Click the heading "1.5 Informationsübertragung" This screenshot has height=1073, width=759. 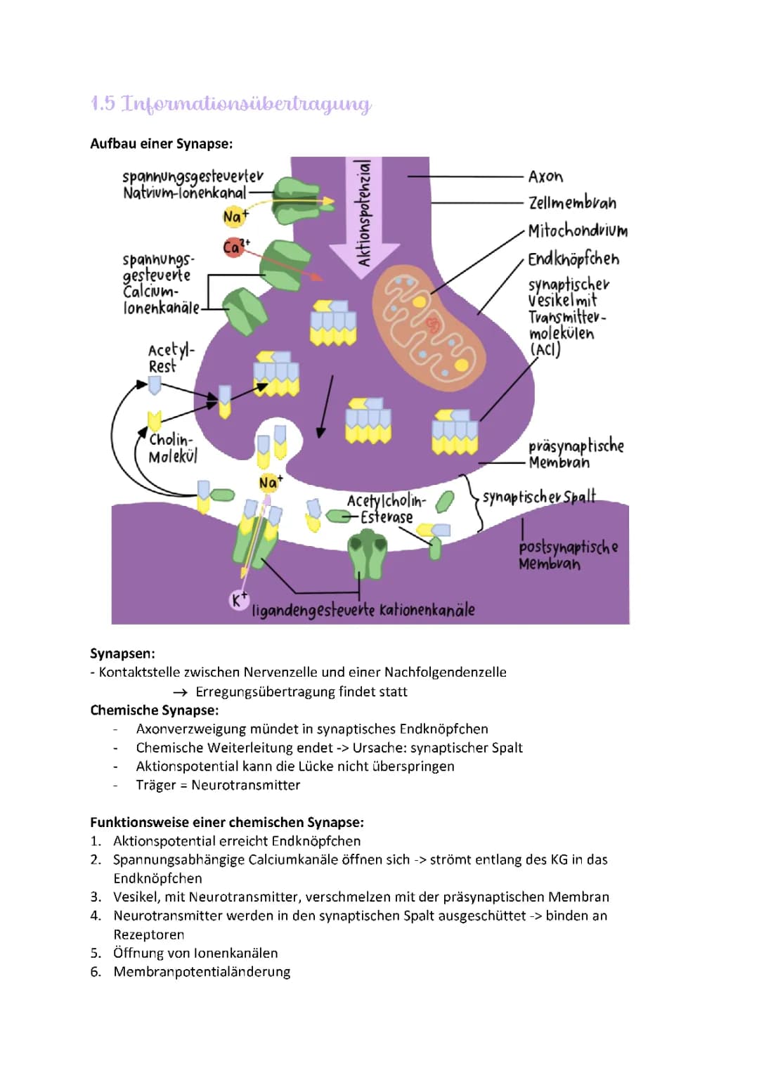pyautogui.click(x=231, y=104)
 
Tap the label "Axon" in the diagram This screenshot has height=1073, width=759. pyautogui.click(x=545, y=176)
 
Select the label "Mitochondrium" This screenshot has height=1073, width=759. pyautogui.click(x=577, y=231)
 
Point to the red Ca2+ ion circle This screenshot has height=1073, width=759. pyautogui.click(x=233, y=247)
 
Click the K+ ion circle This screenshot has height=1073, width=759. pyautogui.click(x=239, y=600)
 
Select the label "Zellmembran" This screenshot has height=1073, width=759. pyautogui.click(x=572, y=203)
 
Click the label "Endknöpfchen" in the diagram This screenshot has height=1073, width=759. pyautogui.click(x=573, y=259)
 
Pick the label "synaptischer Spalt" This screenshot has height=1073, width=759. pyautogui.click(x=538, y=497)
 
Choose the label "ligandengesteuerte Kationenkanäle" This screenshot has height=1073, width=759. pyautogui.click(x=363, y=610)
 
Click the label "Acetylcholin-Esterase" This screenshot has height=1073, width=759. pyautogui.click(x=385, y=509)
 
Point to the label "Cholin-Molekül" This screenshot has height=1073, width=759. pyautogui.click(x=171, y=448)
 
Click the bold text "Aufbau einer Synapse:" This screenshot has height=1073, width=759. pyautogui.click(x=161, y=144)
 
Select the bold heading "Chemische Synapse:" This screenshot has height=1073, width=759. pyautogui.click(x=155, y=710)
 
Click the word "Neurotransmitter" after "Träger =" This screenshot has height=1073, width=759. pyautogui.click(x=245, y=785)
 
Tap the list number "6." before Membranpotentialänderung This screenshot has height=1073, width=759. pyautogui.click(x=96, y=972)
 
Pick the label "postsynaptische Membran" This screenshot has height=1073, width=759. pyautogui.click(x=568, y=555)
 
